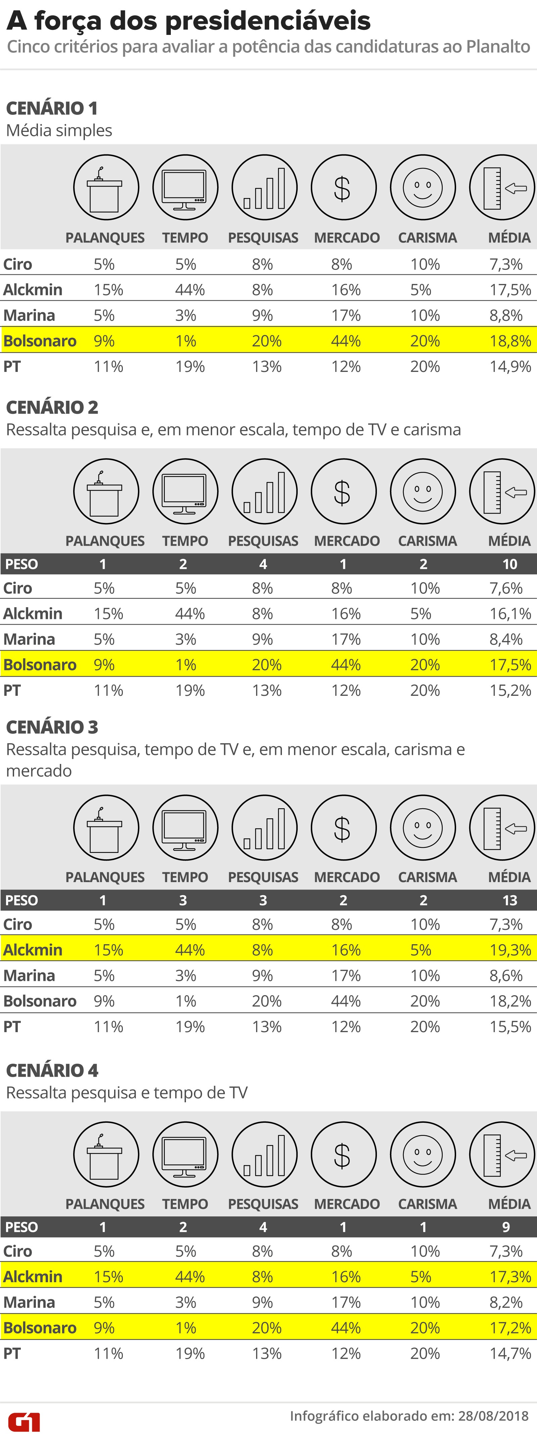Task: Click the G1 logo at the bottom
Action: pyautogui.click(x=23, y=1423)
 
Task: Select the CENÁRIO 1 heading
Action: pyautogui.click(x=52, y=108)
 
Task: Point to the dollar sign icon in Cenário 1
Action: pyautogui.click(x=343, y=188)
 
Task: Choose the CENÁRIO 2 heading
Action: pyautogui.click(x=52, y=407)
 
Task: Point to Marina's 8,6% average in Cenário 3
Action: pyautogui.click(x=505, y=976)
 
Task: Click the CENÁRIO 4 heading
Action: pyautogui.click(x=52, y=1070)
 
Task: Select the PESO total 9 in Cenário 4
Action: pyautogui.click(x=505, y=1227)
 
